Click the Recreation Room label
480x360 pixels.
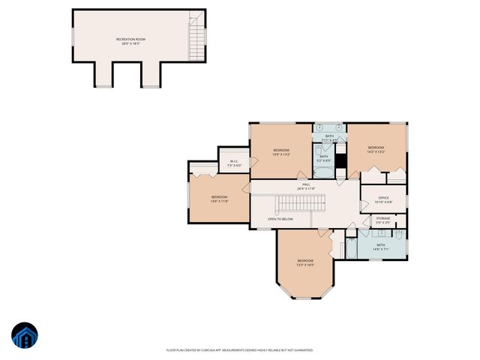tap(130, 41)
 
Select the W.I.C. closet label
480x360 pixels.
tap(234, 163)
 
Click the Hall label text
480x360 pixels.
tap(305, 187)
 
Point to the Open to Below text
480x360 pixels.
tap(280, 219)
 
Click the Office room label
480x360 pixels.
tap(383, 200)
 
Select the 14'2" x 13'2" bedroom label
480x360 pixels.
tap(376, 149)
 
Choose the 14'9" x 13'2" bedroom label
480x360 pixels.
tap(280, 152)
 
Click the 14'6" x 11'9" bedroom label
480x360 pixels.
tap(218, 199)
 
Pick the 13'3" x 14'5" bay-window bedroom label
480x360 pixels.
tap(304, 262)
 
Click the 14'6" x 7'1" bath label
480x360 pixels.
tap(380, 246)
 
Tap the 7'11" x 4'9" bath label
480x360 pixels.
tap(329, 138)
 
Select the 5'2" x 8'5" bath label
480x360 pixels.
tap(323, 158)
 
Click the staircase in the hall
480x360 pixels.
tap(300, 203)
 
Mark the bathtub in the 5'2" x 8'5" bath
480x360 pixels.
tap(323, 172)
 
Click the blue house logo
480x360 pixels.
tap(24, 337)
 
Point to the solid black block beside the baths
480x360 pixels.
tap(340, 160)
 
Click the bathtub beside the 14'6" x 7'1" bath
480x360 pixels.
tap(349, 249)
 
